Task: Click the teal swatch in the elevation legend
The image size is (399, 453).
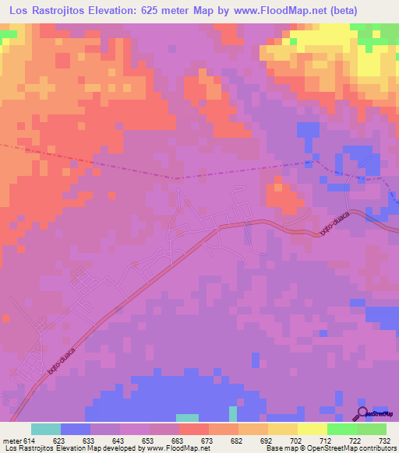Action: pos(46,429)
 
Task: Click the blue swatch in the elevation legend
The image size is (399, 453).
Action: pos(76,429)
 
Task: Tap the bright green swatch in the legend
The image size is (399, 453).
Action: pos(342,429)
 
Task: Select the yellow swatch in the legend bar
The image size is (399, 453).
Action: pos(312,429)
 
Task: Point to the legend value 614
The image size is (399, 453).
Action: pos(30,441)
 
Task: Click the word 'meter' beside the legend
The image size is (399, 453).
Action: pos(12,441)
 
